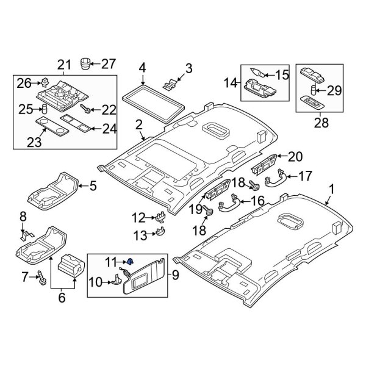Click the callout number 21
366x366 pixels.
pyautogui.click(x=64, y=65)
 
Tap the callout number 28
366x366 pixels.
pyautogui.click(x=320, y=123)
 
